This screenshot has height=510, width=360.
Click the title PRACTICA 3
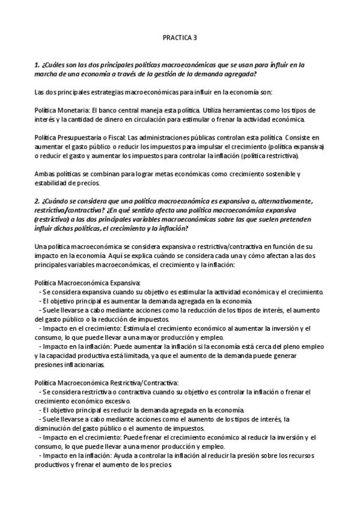[x=180, y=37]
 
